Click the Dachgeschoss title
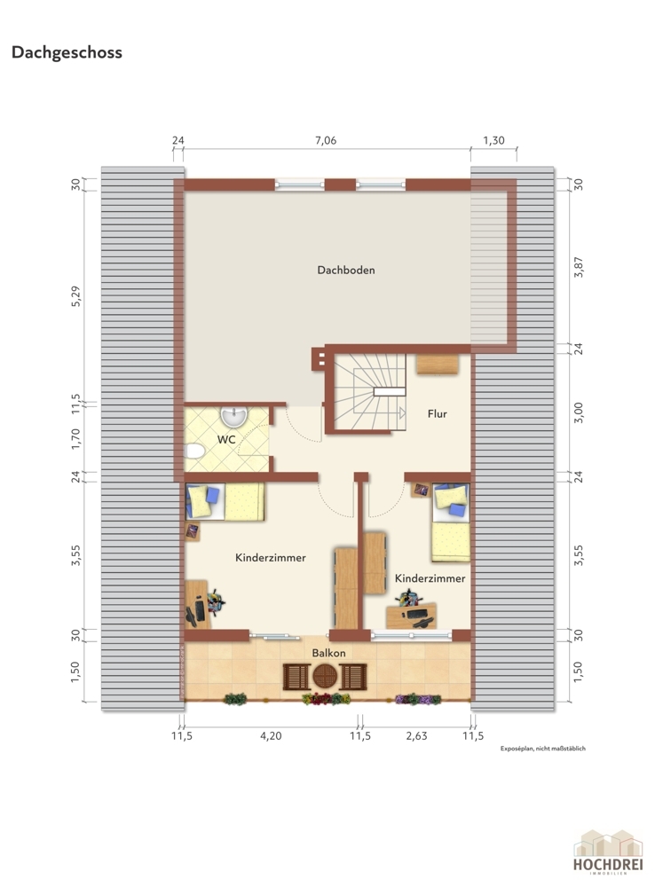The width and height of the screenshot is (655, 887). [x=67, y=52]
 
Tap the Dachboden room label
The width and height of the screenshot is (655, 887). [x=346, y=271]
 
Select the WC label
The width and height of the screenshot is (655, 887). [x=226, y=440]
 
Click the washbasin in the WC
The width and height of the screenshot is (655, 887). [x=233, y=416]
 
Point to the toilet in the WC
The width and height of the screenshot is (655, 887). [x=194, y=451]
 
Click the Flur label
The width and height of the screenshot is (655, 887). [x=437, y=414]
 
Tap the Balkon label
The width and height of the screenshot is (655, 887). [x=329, y=654]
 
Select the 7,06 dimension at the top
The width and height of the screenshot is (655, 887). [x=326, y=141]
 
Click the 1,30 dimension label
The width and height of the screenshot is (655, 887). [x=493, y=141]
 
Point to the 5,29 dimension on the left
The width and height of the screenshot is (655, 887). [x=75, y=296]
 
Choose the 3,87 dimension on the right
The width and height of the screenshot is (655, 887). [x=578, y=266]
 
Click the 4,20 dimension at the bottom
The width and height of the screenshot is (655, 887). [x=271, y=736]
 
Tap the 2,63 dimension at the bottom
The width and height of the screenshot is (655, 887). [x=416, y=736]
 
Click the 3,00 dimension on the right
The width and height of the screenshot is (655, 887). [x=578, y=413]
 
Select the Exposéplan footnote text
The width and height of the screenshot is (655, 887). [x=543, y=749]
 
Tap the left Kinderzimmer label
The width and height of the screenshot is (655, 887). [x=271, y=558]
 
